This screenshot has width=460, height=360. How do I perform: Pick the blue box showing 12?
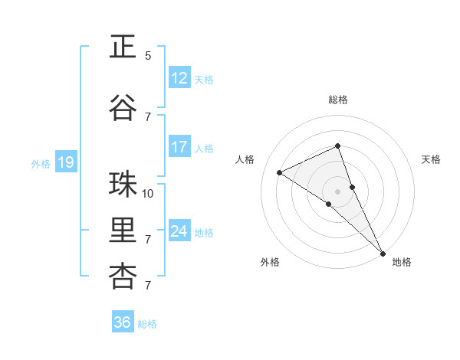179,78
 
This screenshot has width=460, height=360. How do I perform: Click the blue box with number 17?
179,147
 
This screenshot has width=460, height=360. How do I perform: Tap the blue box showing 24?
179,231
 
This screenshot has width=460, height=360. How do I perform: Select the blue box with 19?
66,162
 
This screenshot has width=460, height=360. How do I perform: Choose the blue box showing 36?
123,322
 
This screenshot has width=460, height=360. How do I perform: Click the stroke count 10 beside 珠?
149,194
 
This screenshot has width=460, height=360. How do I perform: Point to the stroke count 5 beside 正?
148,56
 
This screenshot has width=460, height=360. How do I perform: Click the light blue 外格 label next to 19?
41,163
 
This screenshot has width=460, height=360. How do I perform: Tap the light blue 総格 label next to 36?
147,324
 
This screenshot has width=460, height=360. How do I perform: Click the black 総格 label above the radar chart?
337,100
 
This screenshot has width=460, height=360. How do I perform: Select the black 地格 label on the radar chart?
402,262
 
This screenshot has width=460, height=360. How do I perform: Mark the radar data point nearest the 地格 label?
383,252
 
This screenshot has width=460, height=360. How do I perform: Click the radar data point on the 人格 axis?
279,172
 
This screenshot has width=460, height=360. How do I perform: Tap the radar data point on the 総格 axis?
337,146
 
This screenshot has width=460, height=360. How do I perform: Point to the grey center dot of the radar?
337,191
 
